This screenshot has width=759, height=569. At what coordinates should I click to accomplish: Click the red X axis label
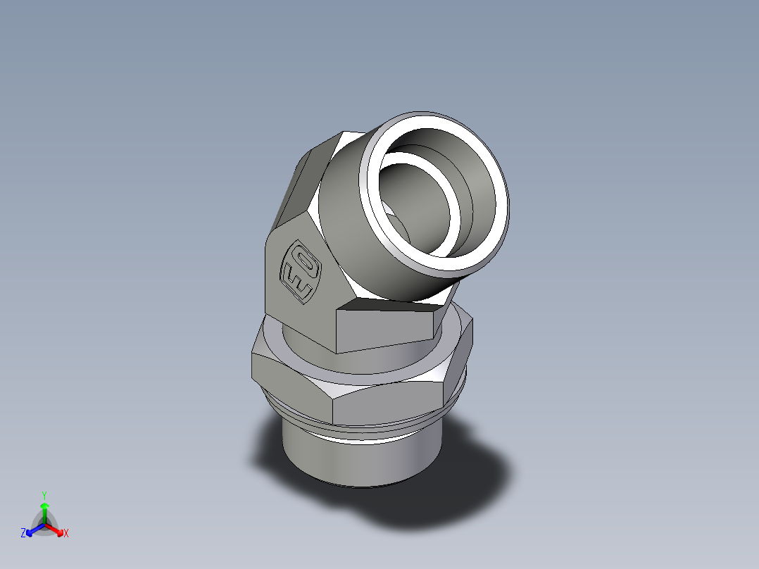pyautogui.click(x=66, y=534)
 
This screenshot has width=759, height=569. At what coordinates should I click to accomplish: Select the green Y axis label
pyautogui.click(x=44, y=495)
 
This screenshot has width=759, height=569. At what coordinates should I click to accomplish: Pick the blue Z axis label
pyautogui.click(x=23, y=534)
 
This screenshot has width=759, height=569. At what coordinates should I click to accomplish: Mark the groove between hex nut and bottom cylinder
pyautogui.click(x=366, y=429)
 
